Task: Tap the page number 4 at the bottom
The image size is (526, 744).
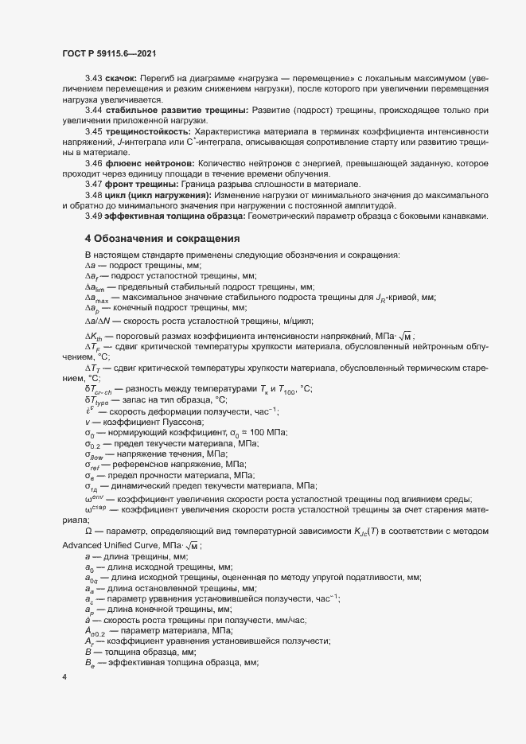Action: coord(64,678)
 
